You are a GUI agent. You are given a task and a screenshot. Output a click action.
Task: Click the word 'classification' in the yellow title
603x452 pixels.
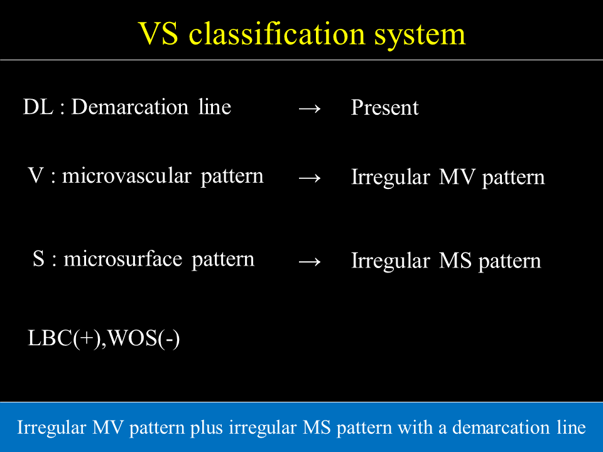click(x=276, y=34)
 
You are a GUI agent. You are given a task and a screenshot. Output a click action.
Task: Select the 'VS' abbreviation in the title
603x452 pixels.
click(x=158, y=34)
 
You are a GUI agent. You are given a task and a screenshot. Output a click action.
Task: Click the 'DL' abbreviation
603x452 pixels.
click(x=38, y=107)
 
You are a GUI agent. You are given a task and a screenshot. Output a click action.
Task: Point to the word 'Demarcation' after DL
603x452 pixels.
click(x=130, y=107)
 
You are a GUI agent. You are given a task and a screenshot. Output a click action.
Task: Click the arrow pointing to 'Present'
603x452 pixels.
click(x=310, y=109)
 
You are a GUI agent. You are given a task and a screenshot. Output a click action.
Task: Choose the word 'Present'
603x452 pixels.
click(x=384, y=107)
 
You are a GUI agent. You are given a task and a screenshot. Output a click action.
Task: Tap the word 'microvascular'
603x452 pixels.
click(x=126, y=176)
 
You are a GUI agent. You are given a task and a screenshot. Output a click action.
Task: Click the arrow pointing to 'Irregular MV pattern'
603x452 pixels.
click(x=310, y=178)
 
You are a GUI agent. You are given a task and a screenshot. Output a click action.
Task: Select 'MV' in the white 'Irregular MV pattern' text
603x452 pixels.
click(x=457, y=177)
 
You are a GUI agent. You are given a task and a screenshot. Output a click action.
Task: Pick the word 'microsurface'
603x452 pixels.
click(x=122, y=259)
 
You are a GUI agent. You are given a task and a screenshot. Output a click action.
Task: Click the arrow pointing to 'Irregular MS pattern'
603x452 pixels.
click(x=310, y=262)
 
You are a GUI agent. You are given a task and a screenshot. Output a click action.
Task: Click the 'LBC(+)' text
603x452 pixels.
click(x=64, y=338)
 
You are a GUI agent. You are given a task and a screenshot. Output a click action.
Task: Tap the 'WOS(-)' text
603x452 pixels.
click(x=143, y=338)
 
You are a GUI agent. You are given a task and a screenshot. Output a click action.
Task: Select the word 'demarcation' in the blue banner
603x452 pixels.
click(x=501, y=428)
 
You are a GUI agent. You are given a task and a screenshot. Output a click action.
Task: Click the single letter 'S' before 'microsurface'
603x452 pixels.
click(x=38, y=259)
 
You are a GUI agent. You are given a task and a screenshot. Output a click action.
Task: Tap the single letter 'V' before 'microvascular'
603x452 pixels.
click(x=36, y=176)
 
